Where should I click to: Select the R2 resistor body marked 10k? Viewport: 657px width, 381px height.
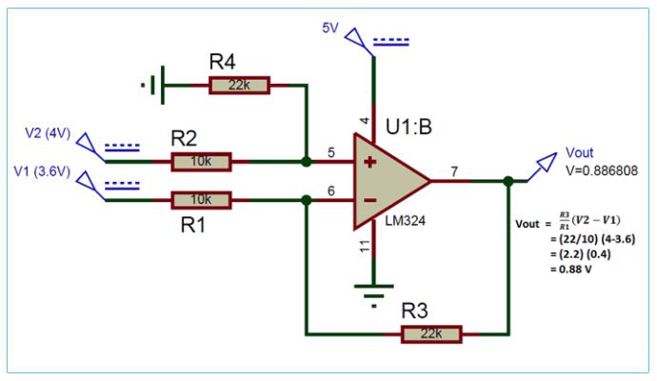click(x=201, y=162)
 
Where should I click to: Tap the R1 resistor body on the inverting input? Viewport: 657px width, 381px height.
click(x=201, y=200)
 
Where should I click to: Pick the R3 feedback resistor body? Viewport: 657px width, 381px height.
click(x=431, y=334)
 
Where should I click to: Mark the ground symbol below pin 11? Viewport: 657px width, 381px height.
click(x=373, y=290)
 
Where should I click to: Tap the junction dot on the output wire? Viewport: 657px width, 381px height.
click(x=508, y=181)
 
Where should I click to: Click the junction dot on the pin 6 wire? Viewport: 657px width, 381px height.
click(x=305, y=200)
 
